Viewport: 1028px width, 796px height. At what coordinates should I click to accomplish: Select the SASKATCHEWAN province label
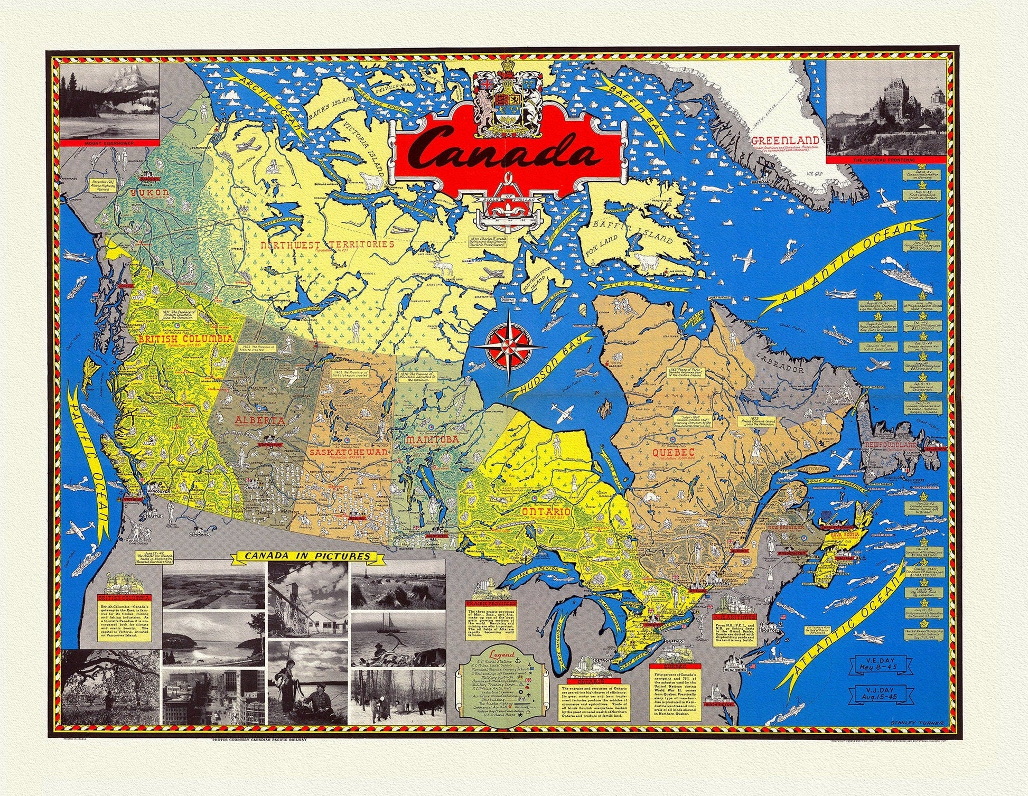349,453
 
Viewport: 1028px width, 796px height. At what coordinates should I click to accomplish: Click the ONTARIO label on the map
546,512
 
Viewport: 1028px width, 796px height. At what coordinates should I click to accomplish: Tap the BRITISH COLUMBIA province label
185,339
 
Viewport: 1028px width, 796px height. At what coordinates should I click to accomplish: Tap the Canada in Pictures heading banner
306,556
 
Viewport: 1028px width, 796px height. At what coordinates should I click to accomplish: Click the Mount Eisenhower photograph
110,100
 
